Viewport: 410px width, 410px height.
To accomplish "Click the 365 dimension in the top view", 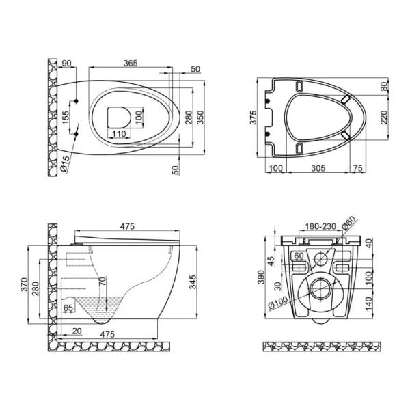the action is point(131,64).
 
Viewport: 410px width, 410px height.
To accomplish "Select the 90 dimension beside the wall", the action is point(66,64).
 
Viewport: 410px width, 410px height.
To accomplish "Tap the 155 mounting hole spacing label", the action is point(66,118).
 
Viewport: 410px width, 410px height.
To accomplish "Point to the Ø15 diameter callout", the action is point(65,163).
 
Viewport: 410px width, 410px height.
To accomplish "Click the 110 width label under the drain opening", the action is point(119,134).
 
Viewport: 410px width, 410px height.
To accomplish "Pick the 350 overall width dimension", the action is point(200,118).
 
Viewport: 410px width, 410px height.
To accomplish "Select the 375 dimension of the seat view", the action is point(253,118).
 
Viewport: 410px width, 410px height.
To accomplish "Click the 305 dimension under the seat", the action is point(318,168).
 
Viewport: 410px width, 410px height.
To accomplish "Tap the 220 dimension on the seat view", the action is point(384,118).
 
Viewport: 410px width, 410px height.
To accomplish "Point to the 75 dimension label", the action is point(358,168).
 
